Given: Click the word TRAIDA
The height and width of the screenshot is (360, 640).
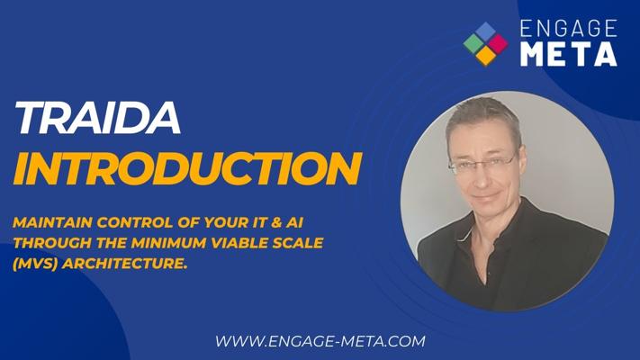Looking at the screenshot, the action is (97, 118).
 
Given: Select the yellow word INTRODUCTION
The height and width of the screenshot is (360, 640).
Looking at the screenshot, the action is (188, 168).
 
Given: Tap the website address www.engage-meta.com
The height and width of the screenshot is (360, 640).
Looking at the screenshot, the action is (320, 341).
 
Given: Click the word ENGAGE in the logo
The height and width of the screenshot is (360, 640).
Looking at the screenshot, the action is (569, 29).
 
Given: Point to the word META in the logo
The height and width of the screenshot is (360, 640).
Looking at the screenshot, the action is (569, 54).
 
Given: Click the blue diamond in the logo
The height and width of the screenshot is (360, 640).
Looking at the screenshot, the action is (486, 31).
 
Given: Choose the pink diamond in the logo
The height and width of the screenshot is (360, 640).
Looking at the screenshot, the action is (498, 44).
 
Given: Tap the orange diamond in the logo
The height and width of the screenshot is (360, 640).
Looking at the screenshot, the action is (486, 56).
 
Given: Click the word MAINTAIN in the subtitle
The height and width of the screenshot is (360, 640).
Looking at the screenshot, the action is (53, 223).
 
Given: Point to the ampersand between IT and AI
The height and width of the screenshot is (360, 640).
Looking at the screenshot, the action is (276, 223).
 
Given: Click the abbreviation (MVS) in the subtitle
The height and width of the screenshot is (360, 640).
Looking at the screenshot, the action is (35, 264).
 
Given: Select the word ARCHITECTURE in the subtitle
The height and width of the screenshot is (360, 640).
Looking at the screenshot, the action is (124, 264).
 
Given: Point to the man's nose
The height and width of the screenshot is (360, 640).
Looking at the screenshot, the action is (482, 176).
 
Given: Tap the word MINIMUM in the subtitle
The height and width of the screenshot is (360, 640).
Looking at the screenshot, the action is (169, 243).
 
